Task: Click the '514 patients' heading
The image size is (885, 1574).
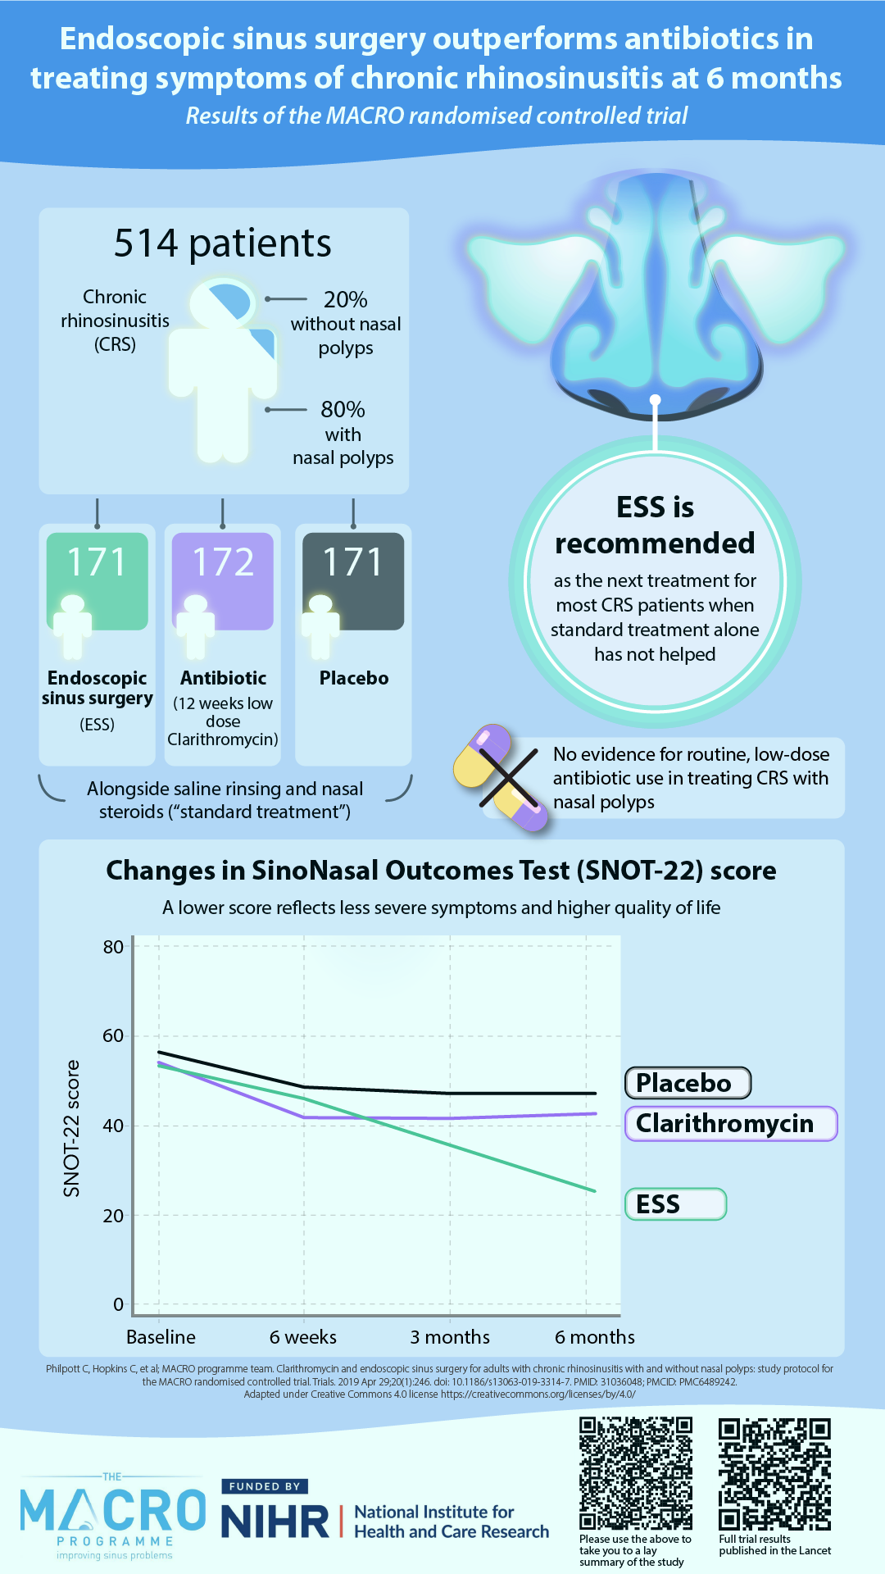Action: pyautogui.click(x=222, y=243)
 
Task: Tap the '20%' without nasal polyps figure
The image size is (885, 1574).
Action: pyautogui.click(x=345, y=299)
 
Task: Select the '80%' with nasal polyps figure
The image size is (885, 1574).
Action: pyautogui.click(x=343, y=409)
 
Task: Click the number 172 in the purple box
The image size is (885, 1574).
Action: pyautogui.click(x=223, y=562)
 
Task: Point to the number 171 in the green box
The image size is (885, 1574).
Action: pyautogui.click(x=97, y=562)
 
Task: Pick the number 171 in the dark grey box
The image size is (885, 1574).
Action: pyautogui.click(x=353, y=562)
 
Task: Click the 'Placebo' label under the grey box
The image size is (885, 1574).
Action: pyautogui.click(x=354, y=678)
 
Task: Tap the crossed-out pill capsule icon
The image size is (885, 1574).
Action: pyautogui.click(x=501, y=777)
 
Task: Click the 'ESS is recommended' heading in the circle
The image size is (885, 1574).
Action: pyautogui.click(x=655, y=525)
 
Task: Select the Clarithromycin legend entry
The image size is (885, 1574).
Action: pyautogui.click(x=731, y=1123)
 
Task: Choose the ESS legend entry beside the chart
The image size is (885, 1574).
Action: pyautogui.click(x=676, y=1204)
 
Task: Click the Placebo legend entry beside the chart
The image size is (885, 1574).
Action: pyautogui.click(x=688, y=1083)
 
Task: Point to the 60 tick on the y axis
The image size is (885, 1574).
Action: pyautogui.click(x=113, y=1035)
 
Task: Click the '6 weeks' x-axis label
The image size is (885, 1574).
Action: pyautogui.click(x=303, y=1337)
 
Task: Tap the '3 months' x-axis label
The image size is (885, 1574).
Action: pyautogui.click(x=450, y=1337)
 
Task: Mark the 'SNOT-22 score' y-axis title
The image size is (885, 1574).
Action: pyautogui.click(x=72, y=1128)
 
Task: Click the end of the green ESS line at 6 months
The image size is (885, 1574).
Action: pyautogui.click(x=596, y=1191)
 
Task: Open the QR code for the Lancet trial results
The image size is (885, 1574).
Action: pyautogui.click(x=774, y=1473)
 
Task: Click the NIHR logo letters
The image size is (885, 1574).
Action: pyautogui.click(x=275, y=1522)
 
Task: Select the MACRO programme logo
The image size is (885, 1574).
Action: pyautogui.click(x=113, y=1516)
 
